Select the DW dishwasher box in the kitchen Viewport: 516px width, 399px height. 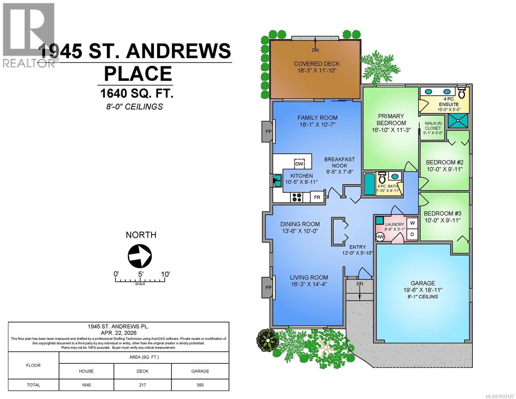pyautogui.click(x=299, y=164)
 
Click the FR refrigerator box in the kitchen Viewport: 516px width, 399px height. pyautogui.click(x=317, y=197)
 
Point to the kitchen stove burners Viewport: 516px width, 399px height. pyautogui.click(x=296, y=197)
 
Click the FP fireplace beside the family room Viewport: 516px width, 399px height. pyautogui.click(x=268, y=131)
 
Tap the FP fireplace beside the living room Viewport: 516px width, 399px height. pyautogui.click(x=268, y=287)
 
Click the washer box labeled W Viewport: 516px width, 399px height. pyautogui.click(x=412, y=223)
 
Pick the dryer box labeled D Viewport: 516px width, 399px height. pyautogui.click(x=412, y=234)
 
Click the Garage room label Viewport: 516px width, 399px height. pyautogui.click(x=423, y=283)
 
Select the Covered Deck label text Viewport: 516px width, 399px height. pyautogui.click(x=317, y=64)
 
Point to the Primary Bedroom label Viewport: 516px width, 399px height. pyautogui.click(x=391, y=119)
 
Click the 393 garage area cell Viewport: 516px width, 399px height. pyautogui.click(x=200, y=385)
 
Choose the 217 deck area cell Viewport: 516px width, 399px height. pyautogui.click(x=143, y=385)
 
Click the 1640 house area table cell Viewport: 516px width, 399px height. pyautogui.click(x=86, y=385)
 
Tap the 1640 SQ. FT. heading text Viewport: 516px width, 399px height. pyautogui.click(x=137, y=93)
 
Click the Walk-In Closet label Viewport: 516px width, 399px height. pyautogui.click(x=433, y=126)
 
